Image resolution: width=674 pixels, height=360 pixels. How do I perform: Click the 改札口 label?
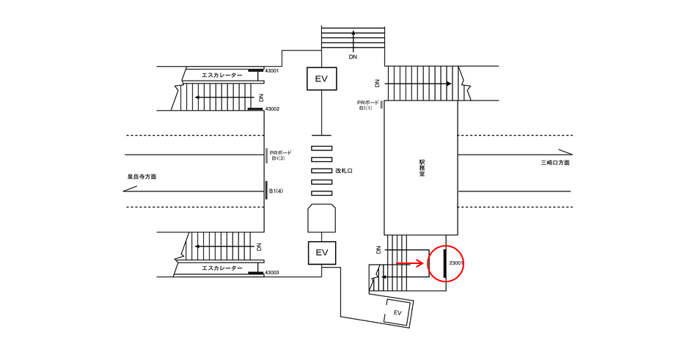(344, 171)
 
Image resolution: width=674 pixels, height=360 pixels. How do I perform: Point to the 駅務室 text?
(422, 169)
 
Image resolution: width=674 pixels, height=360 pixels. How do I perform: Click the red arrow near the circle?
(410, 263)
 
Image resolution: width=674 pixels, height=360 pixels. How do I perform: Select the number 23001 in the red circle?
(456, 263)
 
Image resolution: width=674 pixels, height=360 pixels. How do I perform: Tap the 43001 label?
(272, 70)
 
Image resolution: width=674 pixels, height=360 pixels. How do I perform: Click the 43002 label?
(272, 109)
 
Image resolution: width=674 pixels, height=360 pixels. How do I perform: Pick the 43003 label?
(272, 272)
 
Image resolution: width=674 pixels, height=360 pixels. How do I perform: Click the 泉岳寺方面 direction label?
(142, 177)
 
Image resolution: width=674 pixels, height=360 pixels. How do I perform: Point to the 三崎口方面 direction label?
(555, 162)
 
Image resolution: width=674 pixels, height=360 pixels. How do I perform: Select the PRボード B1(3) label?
(280, 155)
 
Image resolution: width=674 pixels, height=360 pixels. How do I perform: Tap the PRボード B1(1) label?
(368, 106)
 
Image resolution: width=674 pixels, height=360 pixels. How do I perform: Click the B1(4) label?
(276, 191)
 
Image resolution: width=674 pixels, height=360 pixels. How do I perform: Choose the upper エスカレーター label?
(222, 76)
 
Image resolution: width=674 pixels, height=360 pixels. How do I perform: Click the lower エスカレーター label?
(222, 268)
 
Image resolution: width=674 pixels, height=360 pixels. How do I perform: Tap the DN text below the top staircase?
(353, 56)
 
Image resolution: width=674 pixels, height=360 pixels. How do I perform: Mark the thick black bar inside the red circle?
(445, 263)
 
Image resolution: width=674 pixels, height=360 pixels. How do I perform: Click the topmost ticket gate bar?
(321, 148)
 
